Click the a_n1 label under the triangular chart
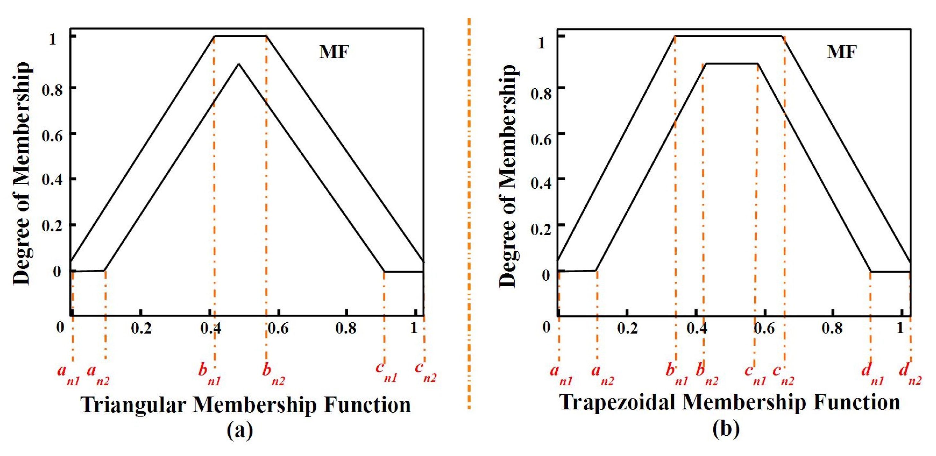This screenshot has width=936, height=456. point(68,375)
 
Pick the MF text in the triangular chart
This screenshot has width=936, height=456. point(334,52)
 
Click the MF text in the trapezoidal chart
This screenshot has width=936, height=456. point(842,52)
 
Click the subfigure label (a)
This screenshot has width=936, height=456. point(239,431)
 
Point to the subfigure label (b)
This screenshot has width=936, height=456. point(726,429)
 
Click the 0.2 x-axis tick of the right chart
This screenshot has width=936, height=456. point(628,328)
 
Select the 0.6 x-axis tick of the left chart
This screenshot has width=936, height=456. point(278,328)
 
